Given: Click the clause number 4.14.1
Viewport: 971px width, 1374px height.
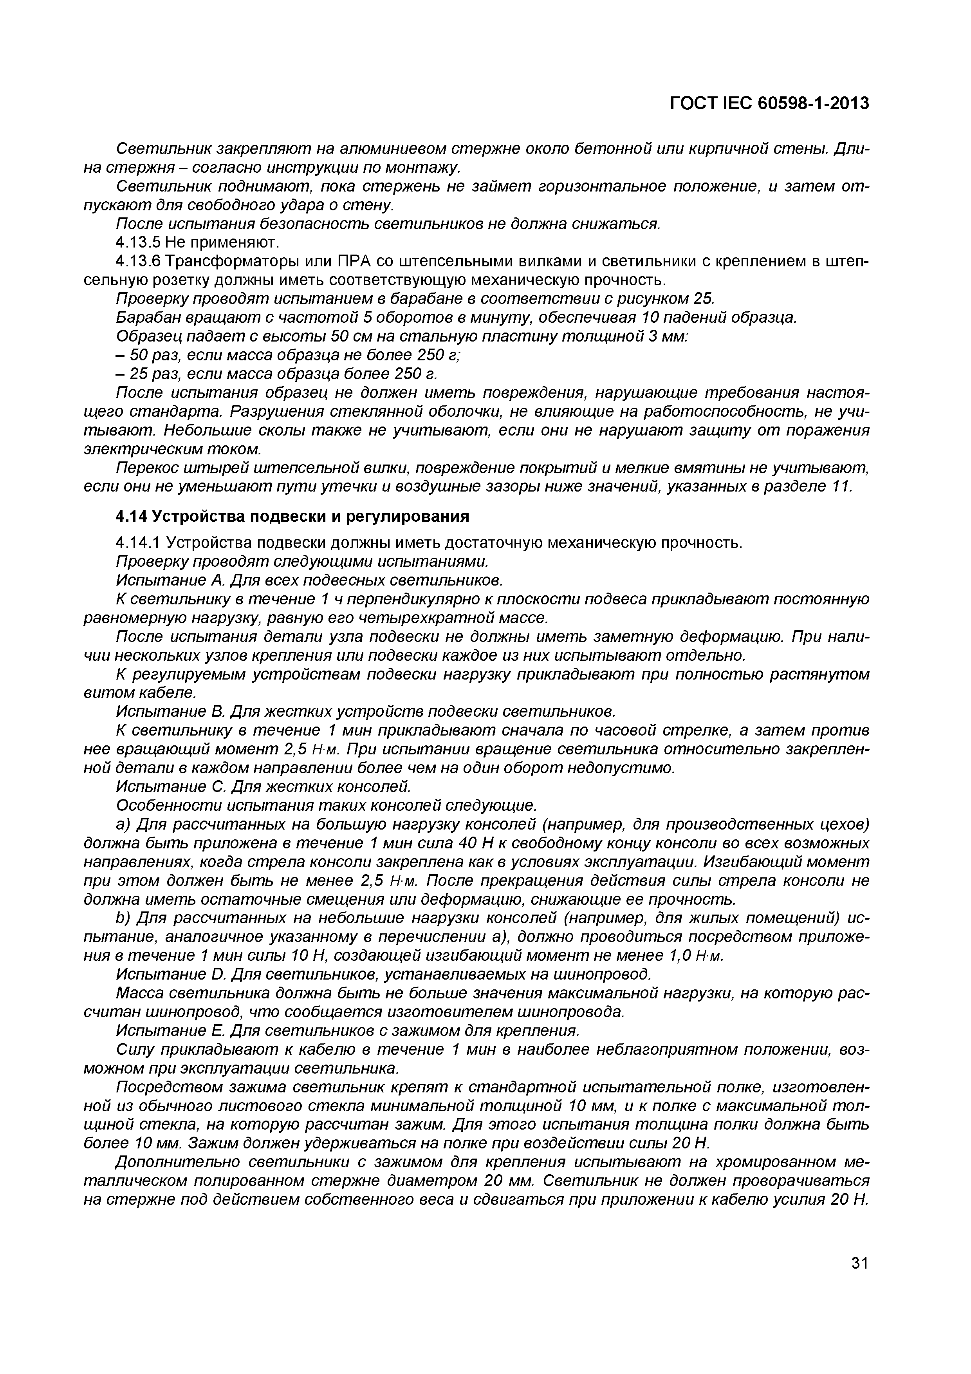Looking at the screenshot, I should (138, 543).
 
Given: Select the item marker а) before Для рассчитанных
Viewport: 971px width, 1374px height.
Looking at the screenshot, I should (124, 824).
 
